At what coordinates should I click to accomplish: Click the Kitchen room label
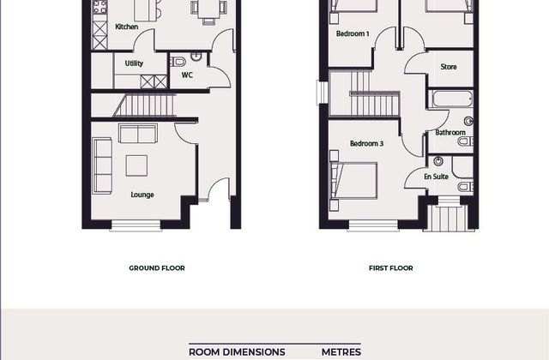click(x=127, y=27)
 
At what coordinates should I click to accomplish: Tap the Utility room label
click(x=134, y=63)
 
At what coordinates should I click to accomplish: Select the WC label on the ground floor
click(x=187, y=75)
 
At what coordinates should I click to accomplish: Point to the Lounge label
click(x=142, y=195)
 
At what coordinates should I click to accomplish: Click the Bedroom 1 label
click(x=353, y=33)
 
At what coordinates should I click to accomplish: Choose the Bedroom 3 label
click(x=366, y=143)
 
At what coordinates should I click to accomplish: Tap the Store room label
click(x=449, y=67)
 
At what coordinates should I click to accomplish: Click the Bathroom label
click(x=450, y=132)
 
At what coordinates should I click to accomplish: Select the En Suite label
click(x=437, y=177)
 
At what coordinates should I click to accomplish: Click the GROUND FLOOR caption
click(x=157, y=268)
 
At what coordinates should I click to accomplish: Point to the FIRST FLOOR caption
click(x=391, y=268)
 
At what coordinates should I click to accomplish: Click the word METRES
click(x=341, y=352)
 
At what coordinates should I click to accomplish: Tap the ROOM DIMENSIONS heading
click(x=237, y=352)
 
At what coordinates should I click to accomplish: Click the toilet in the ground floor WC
click(x=178, y=62)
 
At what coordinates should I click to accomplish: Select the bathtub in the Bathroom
click(x=452, y=99)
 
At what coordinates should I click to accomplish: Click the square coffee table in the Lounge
click(x=136, y=165)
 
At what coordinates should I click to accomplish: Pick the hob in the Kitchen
click(x=100, y=7)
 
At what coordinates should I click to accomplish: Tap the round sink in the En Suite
click(x=438, y=161)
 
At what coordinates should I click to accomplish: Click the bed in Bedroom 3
click(x=353, y=181)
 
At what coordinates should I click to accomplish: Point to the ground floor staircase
click(x=144, y=105)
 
